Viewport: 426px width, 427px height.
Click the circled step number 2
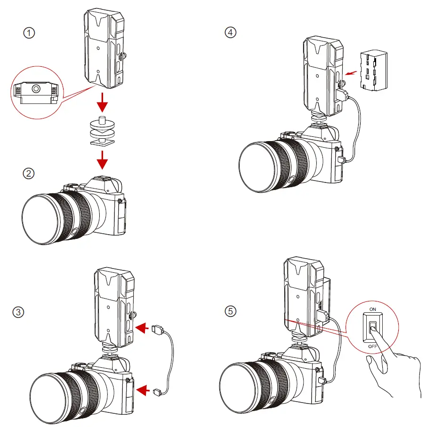pyautogui.click(x=29, y=174)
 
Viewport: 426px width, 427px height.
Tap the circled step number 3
pyautogui.click(x=18, y=312)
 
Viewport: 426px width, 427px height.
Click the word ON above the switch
pyautogui.click(x=372, y=309)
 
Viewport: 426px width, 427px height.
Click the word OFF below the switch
pyautogui.click(x=372, y=346)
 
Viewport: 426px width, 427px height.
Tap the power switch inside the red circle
pyautogui.click(x=372, y=328)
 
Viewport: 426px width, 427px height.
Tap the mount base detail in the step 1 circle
pyautogui.click(x=35, y=92)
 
